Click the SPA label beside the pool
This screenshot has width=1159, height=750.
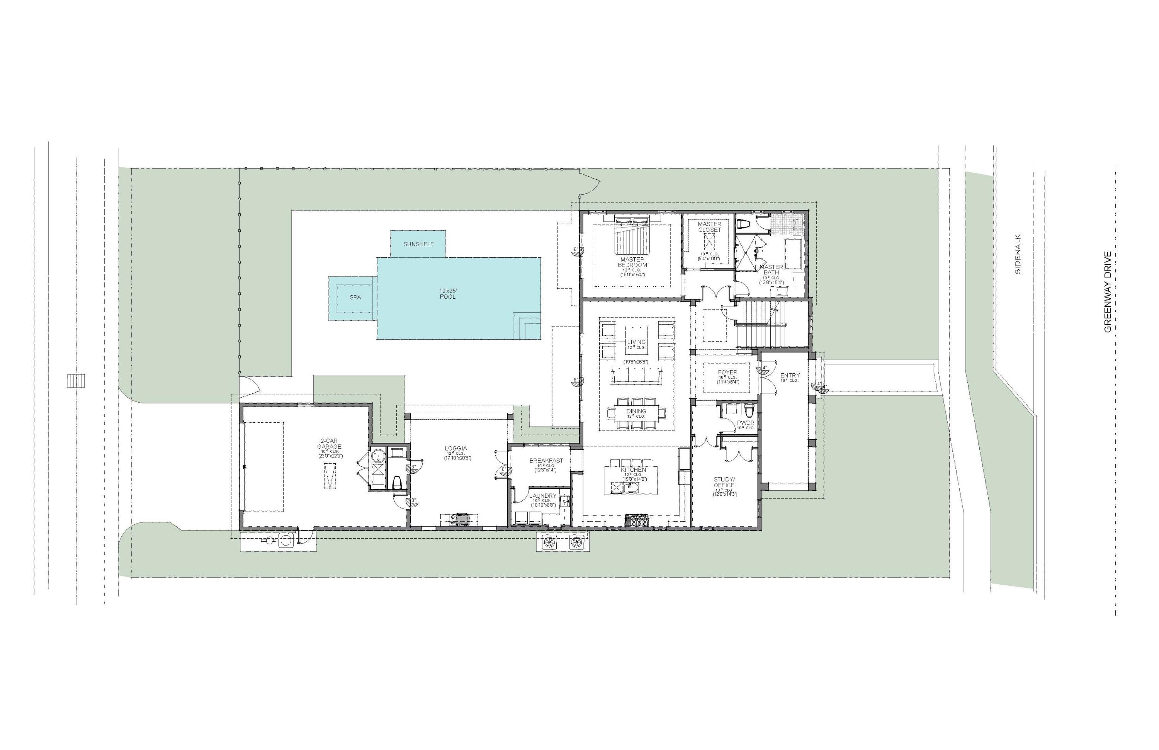pyautogui.click(x=355, y=297)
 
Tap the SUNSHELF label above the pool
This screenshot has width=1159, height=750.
pyautogui.click(x=418, y=244)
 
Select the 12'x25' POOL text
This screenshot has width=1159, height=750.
pyautogui.click(x=447, y=293)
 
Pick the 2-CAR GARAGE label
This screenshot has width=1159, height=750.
pyautogui.click(x=329, y=444)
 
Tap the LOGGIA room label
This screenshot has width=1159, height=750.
pyautogui.click(x=456, y=449)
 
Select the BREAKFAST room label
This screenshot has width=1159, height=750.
pyautogui.click(x=546, y=460)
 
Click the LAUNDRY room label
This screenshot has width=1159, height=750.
pyautogui.click(x=542, y=496)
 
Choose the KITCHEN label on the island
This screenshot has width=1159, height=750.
pyautogui.click(x=633, y=470)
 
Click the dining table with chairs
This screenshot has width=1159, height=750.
pyautogui.click(x=636, y=413)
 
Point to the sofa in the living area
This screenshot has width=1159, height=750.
pyautogui.click(x=636, y=376)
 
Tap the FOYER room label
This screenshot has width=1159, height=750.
pyautogui.click(x=727, y=372)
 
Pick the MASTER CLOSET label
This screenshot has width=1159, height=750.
pyautogui.click(x=710, y=227)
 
